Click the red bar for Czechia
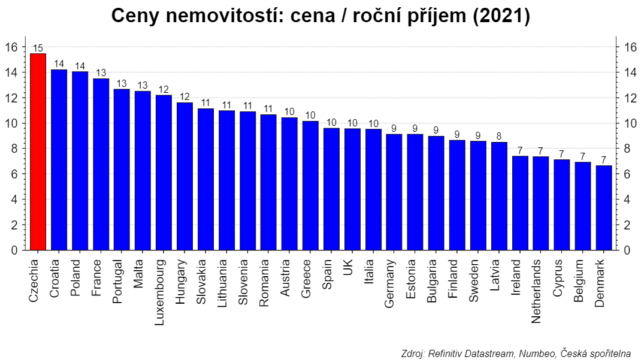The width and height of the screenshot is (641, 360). click(x=38, y=152)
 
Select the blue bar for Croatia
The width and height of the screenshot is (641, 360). click(x=59, y=160)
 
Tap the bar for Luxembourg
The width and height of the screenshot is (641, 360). click(x=164, y=173)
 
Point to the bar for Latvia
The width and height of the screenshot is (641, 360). click(x=499, y=196)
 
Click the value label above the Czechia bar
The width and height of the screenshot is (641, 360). click(x=38, y=49)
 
